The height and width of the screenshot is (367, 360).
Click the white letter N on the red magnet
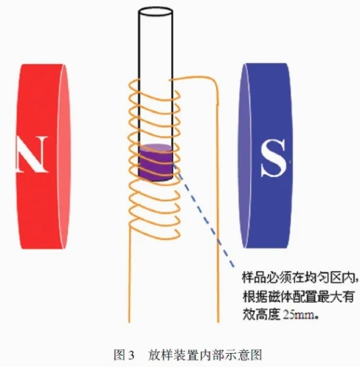32,154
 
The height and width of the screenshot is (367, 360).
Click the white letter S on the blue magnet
273,158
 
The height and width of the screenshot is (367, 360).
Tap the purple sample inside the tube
156,162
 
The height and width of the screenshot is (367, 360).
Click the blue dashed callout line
204,216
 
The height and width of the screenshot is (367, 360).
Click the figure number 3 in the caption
131,356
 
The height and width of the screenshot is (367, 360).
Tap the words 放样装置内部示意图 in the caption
205,355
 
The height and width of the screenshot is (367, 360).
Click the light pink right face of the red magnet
65,157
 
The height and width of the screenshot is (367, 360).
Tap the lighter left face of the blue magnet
244,156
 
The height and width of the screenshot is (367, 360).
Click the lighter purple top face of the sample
156,148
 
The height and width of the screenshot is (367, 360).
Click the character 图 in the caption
120,355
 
